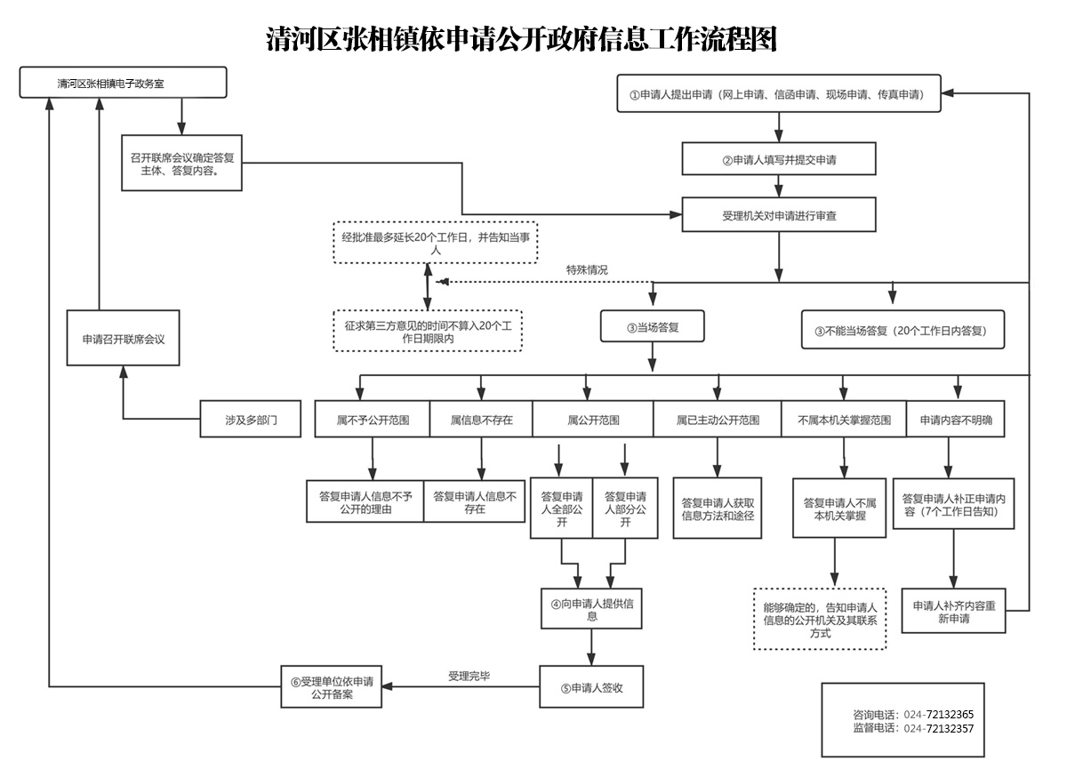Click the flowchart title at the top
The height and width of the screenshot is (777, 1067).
(522, 39)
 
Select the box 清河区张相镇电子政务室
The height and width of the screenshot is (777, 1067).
(123, 83)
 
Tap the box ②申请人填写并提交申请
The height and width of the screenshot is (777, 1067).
(779, 158)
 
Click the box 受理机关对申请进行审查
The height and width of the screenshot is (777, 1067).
(779, 214)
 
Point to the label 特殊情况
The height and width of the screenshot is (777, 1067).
(587, 270)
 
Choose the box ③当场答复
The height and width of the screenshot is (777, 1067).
(652, 326)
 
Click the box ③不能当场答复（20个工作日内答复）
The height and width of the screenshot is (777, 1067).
(903, 330)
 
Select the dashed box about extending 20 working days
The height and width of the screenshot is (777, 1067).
(436, 243)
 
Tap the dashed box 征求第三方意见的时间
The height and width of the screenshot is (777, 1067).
(428, 331)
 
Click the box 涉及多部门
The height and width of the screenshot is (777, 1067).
(251, 419)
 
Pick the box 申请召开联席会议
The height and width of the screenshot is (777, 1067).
(123, 338)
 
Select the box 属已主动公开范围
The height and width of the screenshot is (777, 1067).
(718, 419)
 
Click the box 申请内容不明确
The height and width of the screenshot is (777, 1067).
(956, 419)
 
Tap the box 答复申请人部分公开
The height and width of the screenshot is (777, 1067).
(625, 509)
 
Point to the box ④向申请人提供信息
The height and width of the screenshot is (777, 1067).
(591, 609)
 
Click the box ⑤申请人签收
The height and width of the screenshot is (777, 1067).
(591, 687)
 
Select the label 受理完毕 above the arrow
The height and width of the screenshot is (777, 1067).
(469, 676)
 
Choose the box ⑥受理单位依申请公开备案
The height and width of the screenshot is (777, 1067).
(332, 687)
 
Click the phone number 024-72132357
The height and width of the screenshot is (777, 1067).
(939, 728)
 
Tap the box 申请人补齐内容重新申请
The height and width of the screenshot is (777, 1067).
(953, 611)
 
